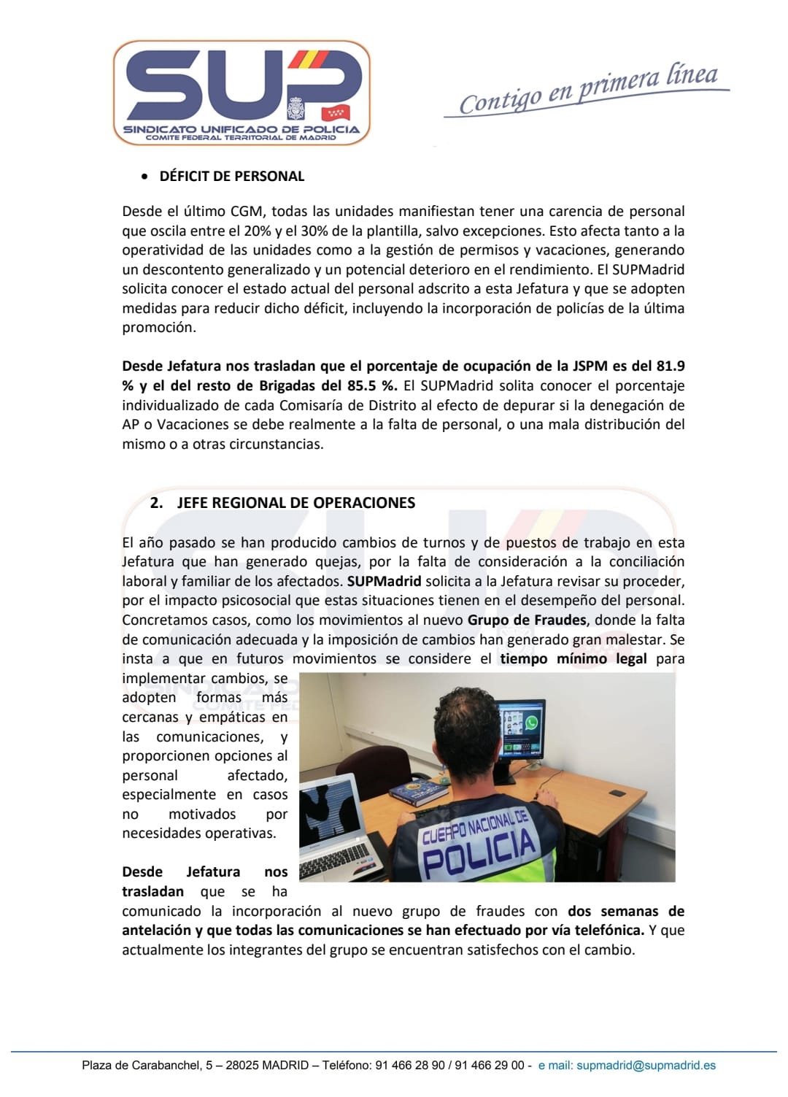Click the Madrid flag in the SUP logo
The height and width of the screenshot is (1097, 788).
[336, 112]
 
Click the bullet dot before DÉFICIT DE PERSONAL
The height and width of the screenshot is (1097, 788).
[144, 177]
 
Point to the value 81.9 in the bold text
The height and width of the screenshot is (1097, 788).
[670, 366]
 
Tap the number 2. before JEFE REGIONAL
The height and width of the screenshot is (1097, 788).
[156, 503]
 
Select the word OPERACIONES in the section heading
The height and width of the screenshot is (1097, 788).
[372, 503]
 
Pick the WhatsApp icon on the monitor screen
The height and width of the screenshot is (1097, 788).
[531, 723]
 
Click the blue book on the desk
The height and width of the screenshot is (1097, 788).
[418, 792]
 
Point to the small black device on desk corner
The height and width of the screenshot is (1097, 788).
[617, 793]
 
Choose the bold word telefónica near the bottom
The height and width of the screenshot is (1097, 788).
[607, 930]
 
